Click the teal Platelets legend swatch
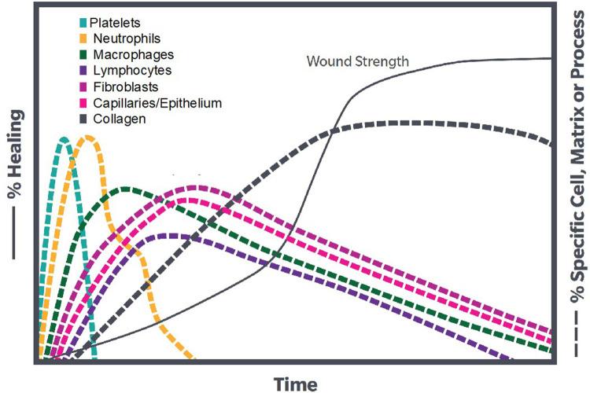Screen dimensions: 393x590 83,21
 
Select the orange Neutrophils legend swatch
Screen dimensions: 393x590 83,38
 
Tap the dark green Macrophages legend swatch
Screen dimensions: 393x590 83,54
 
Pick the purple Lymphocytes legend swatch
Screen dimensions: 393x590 83,71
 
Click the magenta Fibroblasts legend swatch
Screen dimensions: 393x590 83,87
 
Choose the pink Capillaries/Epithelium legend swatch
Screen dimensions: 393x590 83,103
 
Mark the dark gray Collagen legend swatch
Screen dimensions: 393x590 83,119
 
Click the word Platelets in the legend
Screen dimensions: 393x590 115,21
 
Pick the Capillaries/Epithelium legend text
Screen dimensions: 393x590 157,103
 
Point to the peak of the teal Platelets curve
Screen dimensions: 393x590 63,138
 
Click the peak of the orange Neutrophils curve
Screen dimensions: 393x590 88,137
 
